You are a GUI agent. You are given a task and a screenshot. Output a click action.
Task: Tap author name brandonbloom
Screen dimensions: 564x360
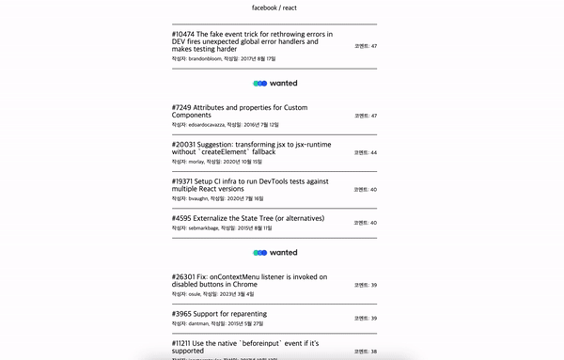point(204,58)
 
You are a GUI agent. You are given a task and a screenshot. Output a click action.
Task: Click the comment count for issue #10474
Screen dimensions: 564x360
point(366,46)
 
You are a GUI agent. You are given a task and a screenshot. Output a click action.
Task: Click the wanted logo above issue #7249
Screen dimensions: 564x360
point(274,83)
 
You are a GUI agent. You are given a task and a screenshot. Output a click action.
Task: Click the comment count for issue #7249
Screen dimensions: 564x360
point(366,116)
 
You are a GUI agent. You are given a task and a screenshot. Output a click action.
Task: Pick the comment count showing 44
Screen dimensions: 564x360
point(366,152)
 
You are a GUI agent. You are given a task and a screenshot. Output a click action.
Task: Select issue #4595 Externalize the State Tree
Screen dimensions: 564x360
point(248,218)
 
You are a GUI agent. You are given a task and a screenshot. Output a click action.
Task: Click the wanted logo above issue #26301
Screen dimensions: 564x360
point(274,252)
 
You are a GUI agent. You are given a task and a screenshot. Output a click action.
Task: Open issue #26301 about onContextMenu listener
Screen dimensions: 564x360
point(249,280)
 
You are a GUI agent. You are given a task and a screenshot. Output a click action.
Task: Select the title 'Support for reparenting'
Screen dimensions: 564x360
point(220,314)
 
